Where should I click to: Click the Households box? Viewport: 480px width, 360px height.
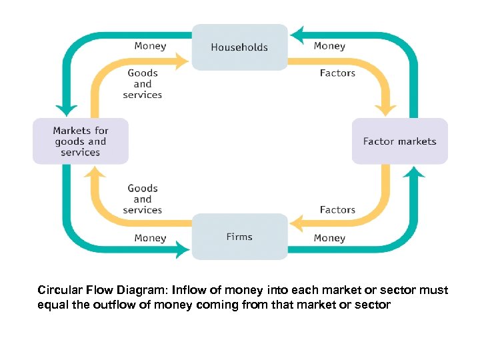click(x=239, y=47)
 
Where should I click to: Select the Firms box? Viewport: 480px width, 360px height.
click(x=239, y=237)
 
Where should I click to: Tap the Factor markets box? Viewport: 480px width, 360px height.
click(x=399, y=141)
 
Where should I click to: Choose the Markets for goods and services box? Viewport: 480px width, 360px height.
click(x=81, y=141)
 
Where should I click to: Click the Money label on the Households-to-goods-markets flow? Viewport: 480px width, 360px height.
click(x=150, y=46)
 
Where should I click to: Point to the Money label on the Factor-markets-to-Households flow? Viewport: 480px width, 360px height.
click(x=329, y=46)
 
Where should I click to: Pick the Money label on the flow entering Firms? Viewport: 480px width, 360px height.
click(x=150, y=238)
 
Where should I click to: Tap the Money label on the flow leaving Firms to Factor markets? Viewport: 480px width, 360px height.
click(x=329, y=238)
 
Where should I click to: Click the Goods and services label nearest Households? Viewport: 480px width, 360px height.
click(x=143, y=84)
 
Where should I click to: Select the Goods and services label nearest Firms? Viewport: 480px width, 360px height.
click(x=143, y=199)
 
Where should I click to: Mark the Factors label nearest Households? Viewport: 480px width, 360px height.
click(x=337, y=73)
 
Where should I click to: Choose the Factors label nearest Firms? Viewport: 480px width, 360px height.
click(x=337, y=210)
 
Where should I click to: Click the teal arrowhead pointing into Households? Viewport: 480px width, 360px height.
click(x=297, y=35)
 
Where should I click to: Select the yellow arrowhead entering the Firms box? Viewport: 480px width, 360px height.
click(x=297, y=222)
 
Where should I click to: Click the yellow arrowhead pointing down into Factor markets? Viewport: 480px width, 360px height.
click(x=387, y=109)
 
